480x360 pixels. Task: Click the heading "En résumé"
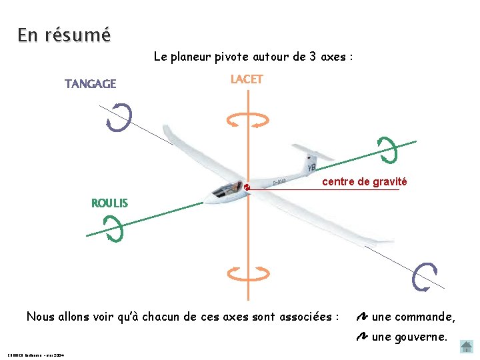(64, 35)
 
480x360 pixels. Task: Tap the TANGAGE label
(90, 84)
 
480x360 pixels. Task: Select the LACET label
(247, 79)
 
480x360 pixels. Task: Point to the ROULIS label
(110, 203)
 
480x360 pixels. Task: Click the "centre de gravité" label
(364, 182)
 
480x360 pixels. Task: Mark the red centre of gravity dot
(247, 187)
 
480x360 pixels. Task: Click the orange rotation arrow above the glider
(247, 120)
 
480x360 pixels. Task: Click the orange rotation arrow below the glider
(247, 273)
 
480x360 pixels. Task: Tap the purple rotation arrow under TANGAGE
(119, 118)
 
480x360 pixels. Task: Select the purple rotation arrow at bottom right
(425, 277)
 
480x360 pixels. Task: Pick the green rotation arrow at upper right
(387, 149)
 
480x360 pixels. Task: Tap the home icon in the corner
(467, 346)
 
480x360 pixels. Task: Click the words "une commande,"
(413, 317)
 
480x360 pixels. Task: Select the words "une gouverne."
(409, 337)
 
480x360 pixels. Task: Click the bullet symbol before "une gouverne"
(362, 337)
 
